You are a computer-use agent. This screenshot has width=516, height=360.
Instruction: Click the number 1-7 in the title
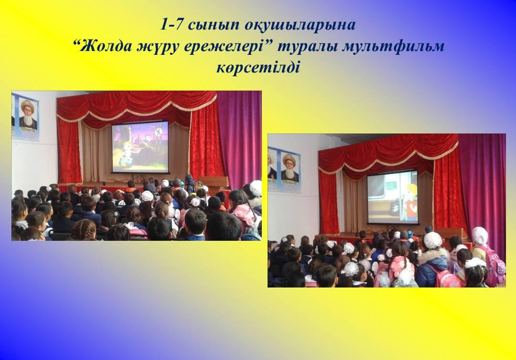click(171, 25)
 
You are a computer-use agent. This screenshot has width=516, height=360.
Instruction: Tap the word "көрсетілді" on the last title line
click(258, 67)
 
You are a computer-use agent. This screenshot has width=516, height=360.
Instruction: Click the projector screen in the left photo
click(140, 147)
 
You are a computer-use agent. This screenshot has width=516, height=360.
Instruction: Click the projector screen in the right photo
click(393, 196)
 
